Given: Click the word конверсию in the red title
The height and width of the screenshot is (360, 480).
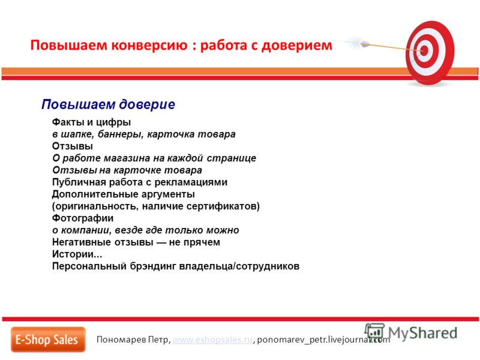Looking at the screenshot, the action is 149,46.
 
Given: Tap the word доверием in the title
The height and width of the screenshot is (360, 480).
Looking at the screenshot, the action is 297,46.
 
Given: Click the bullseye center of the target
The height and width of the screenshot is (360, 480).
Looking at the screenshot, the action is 424,50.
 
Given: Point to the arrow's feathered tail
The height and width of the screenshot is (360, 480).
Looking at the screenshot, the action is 355,41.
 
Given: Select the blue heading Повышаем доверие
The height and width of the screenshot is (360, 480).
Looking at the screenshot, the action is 108,104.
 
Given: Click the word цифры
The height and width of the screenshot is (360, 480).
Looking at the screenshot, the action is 113,122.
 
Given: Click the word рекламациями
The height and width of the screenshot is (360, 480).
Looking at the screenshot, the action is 191,182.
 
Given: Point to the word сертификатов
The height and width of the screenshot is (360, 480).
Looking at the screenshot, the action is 221,206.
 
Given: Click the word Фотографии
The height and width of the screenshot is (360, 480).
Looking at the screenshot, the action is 83,218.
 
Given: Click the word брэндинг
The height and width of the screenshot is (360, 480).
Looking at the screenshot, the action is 153,266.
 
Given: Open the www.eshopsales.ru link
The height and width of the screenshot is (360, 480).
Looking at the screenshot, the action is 213,340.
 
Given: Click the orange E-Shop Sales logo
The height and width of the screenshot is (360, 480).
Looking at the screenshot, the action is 48,340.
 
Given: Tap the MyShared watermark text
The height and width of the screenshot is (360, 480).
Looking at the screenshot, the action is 422,333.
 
